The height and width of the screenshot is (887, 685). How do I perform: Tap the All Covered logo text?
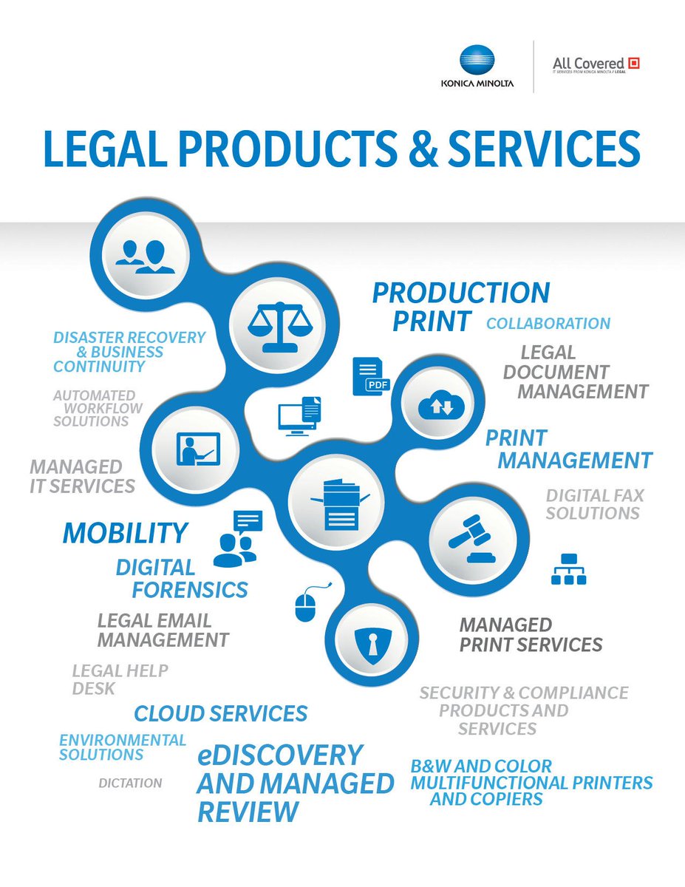click(x=588, y=64)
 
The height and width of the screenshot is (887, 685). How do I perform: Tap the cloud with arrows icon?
click(x=441, y=405)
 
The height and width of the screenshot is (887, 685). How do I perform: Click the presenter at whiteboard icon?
click(x=195, y=449)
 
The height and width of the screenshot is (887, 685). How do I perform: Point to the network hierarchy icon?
click(x=568, y=569)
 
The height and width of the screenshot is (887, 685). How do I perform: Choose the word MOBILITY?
click(x=125, y=532)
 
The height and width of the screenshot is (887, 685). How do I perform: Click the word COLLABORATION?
click(x=548, y=323)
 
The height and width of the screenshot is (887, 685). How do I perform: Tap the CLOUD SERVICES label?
click(x=220, y=713)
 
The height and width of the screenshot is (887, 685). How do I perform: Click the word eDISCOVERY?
click(x=280, y=755)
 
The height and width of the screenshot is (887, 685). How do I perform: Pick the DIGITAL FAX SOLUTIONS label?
click(x=593, y=503)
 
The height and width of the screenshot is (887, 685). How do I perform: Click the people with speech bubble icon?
click(x=238, y=538)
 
